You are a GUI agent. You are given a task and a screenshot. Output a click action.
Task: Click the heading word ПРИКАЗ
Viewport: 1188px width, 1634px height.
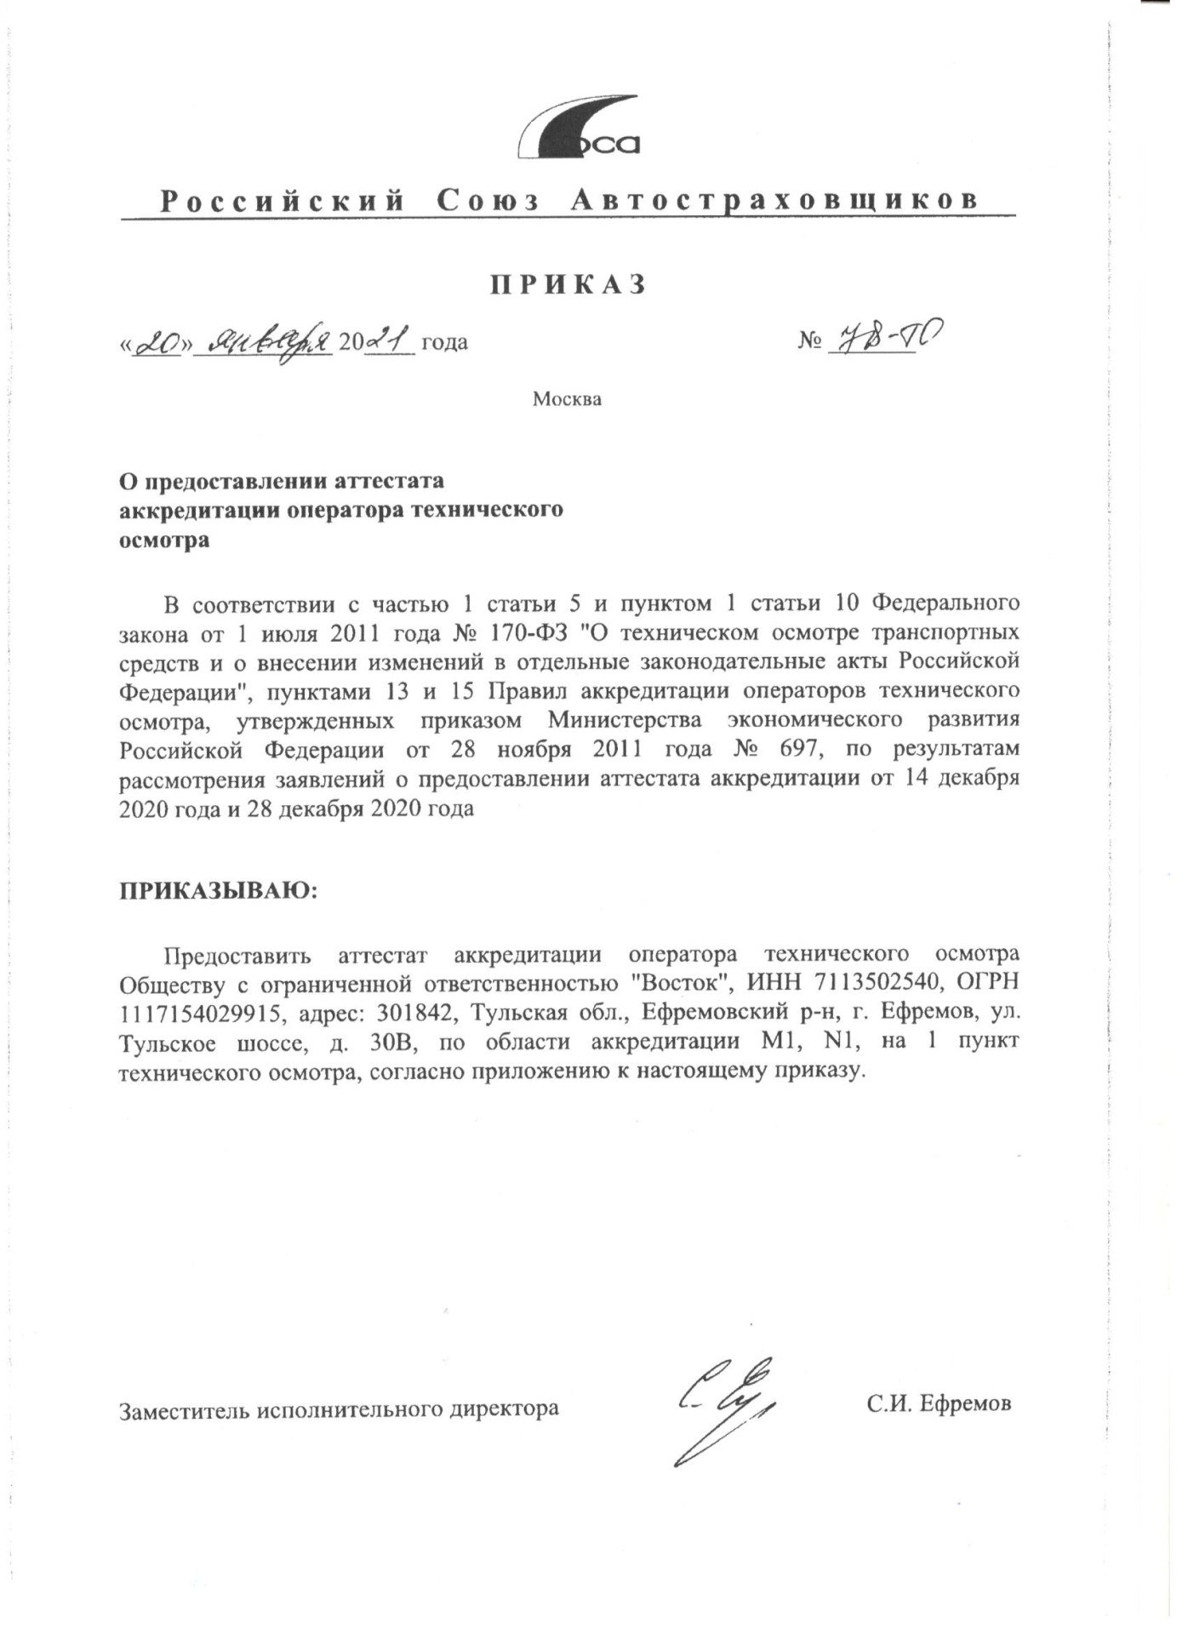(568, 284)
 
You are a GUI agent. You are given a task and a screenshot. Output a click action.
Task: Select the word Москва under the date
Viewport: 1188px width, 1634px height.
(567, 398)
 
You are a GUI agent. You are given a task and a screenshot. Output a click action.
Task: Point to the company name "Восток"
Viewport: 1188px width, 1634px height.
(682, 982)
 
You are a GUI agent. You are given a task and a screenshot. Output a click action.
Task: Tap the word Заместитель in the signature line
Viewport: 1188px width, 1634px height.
(181, 1408)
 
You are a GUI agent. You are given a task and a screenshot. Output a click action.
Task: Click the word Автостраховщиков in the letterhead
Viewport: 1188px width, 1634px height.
(773, 201)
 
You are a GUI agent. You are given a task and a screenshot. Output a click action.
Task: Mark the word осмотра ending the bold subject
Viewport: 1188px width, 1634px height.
(164, 540)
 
